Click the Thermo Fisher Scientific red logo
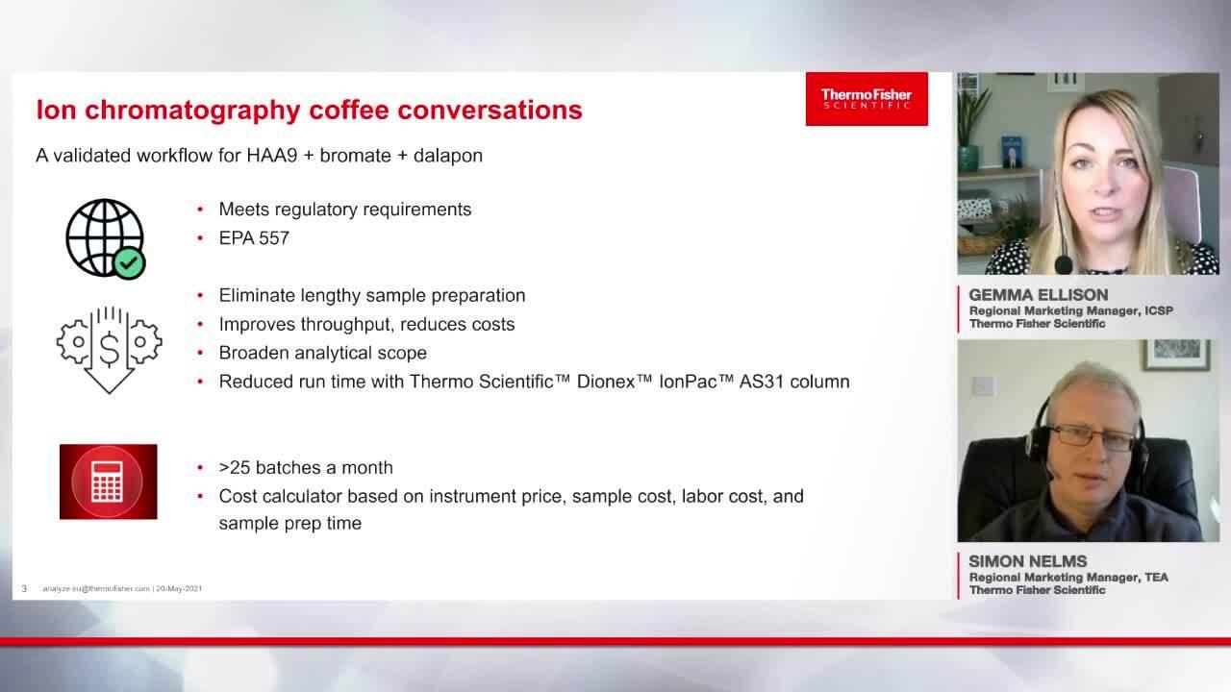pos(867,99)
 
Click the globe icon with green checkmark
pos(106,239)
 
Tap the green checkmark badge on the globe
pos(129,263)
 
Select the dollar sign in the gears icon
pos(109,350)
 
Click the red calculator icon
pos(109,482)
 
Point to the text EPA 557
pos(254,237)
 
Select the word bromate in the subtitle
pos(356,156)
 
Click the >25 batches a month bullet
pos(306,467)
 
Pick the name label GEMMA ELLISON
pos(1038,295)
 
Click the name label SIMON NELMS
pos(1028,561)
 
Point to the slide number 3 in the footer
pos(24,589)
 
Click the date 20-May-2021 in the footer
pos(179,589)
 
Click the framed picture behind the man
pos(1176,355)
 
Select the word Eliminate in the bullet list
pos(258,295)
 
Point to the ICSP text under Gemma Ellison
pos(1159,310)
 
